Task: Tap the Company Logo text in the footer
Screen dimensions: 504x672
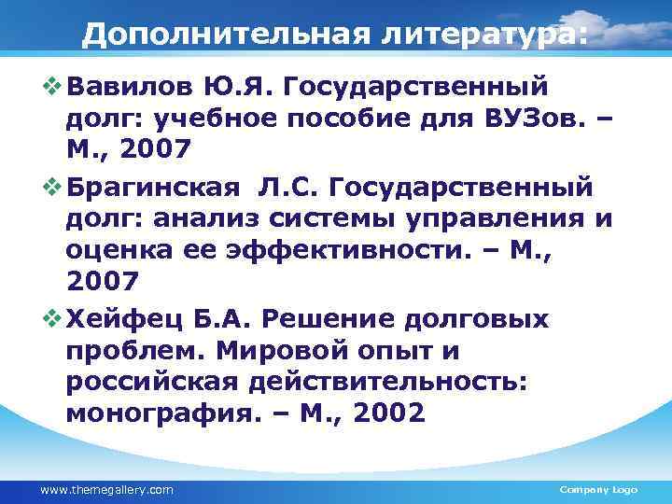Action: (597, 490)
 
